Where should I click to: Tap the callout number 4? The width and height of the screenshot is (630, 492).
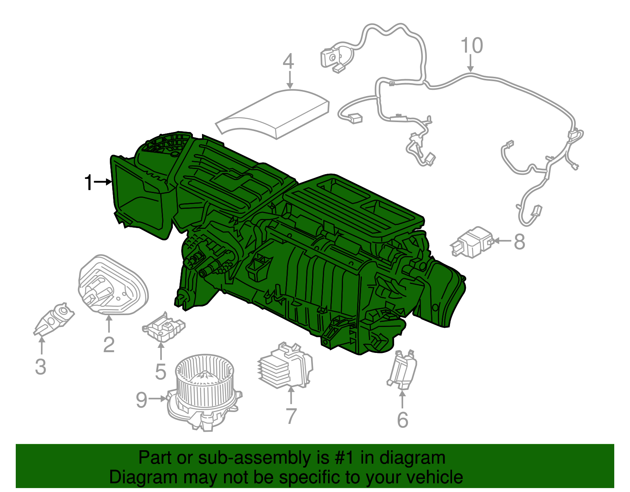pyautogui.click(x=289, y=61)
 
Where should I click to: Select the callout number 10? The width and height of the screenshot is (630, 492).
pyautogui.click(x=471, y=46)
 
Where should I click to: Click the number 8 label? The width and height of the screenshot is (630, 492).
pyautogui.click(x=519, y=241)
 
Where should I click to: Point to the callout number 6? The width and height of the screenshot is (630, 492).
pyautogui.click(x=402, y=420)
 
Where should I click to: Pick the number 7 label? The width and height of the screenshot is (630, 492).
pyautogui.click(x=291, y=416)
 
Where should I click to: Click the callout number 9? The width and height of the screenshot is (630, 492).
pyautogui.click(x=141, y=400)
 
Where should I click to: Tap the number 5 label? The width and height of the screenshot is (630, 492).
pyautogui.click(x=160, y=371)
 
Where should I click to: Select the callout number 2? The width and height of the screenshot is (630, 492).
pyautogui.click(x=109, y=345)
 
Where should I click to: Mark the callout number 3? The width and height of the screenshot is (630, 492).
pyautogui.click(x=41, y=367)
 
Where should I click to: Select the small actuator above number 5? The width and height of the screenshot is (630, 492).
pyautogui.click(x=163, y=327)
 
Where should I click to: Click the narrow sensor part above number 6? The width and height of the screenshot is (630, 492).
pyautogui.click(x=402, y=369)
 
